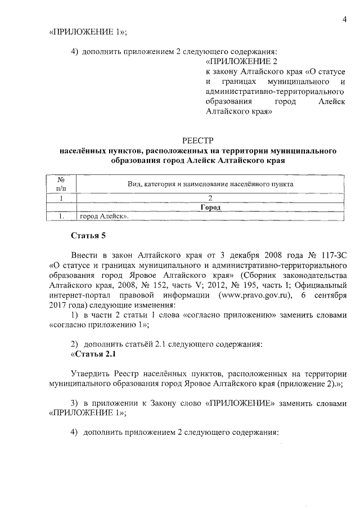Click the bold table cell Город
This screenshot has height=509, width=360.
209,206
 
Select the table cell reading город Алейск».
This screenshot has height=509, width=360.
105,216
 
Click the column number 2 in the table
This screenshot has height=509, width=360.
209,197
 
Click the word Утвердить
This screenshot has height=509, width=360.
90,373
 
